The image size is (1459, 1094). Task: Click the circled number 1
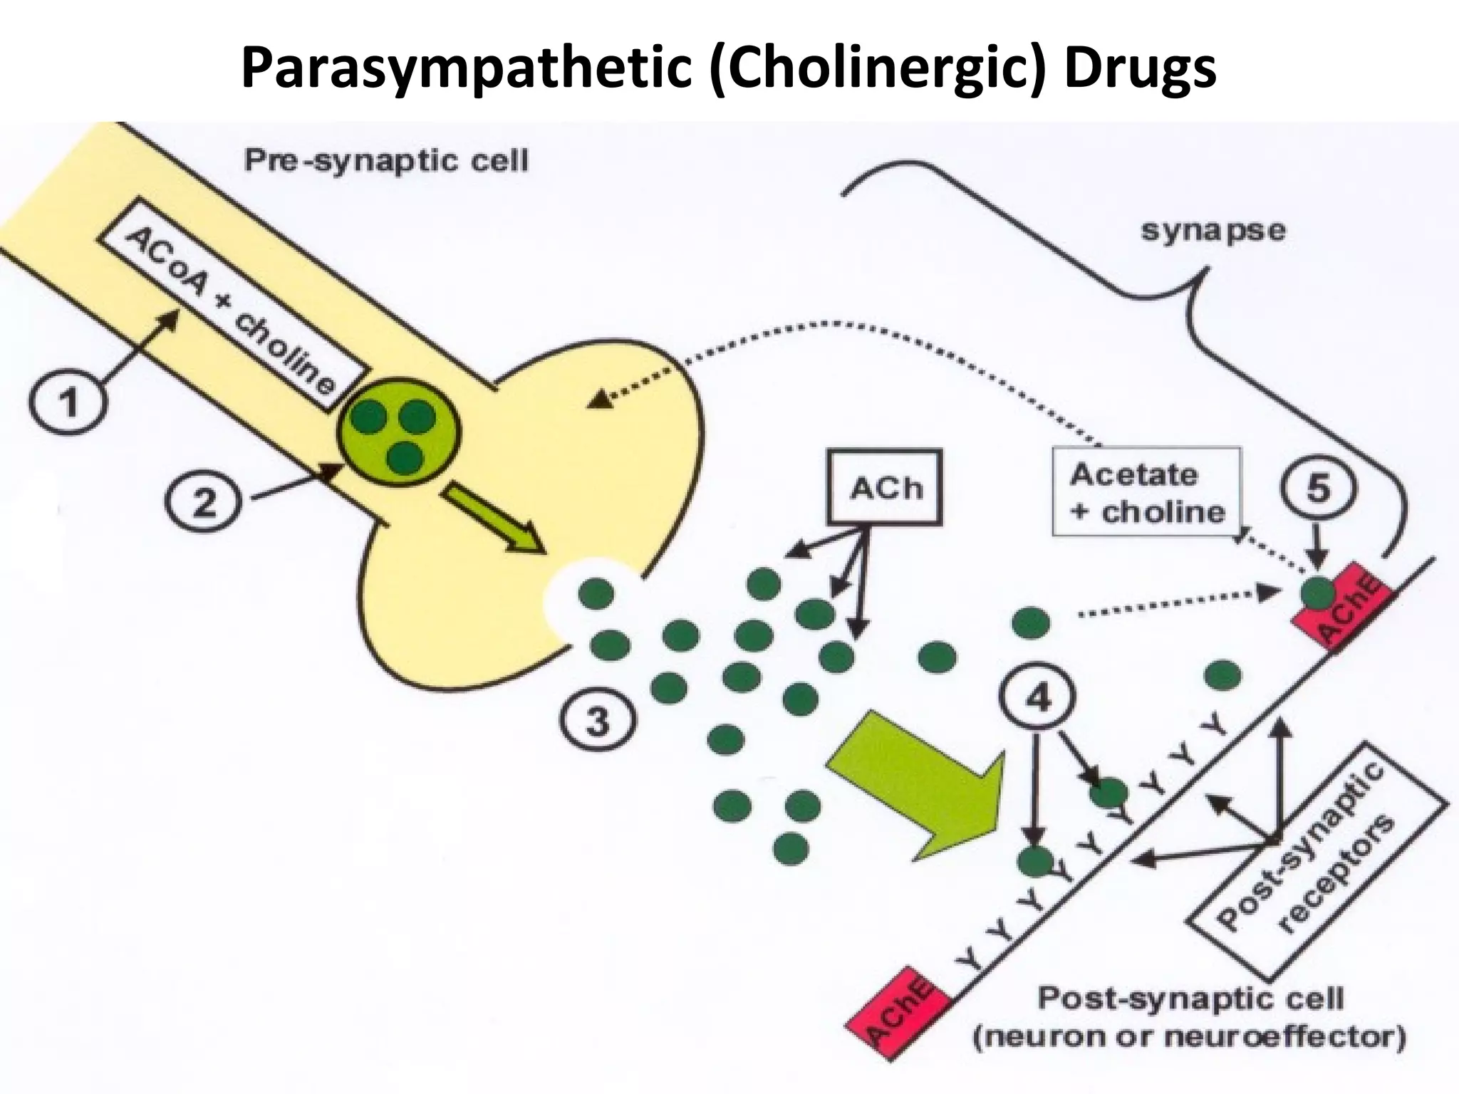pyautogui.click(x=68, y=403)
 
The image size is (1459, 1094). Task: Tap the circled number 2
pyautogui.click(x=204, y=503)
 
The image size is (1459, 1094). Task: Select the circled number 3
pyautogui.click(x=597, y=721)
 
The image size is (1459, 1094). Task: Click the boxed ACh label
pyautogui.click(x=884, y=487)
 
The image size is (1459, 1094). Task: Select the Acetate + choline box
pyautogui.click(x=1146, y=491)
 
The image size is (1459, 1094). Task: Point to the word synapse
pyautogui.click(x=1213, y=230)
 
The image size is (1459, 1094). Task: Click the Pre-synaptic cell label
pyautogui.click(x=385, y=161)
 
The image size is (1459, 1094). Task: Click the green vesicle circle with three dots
pyautogui.click(x=400, y=432)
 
